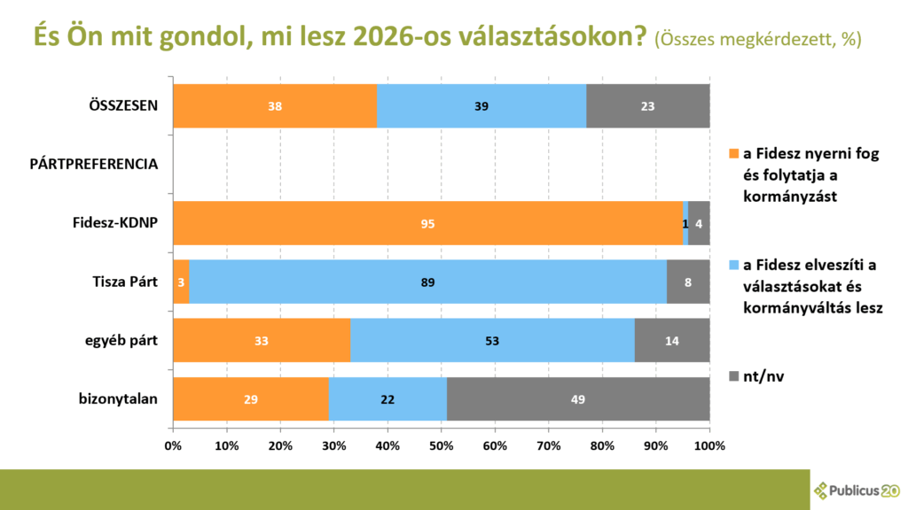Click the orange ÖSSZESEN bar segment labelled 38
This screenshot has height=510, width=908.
point(275,106)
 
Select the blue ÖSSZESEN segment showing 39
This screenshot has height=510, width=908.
point(481,106)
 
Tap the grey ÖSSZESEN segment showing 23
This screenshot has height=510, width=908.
point(647,106)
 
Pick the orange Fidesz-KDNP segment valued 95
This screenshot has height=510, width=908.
point(427,223)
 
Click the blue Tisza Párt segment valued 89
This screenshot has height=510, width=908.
point(428,282)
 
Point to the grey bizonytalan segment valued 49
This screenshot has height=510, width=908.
point(578,399)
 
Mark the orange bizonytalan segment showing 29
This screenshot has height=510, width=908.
point(250,399)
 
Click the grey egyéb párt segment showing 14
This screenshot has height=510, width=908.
point(671,341)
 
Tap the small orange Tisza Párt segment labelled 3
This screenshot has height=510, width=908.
point(181,282)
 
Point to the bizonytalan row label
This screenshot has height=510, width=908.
point(118,399)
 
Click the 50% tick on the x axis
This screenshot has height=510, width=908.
point(442,445)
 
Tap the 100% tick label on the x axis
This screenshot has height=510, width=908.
point(708,445)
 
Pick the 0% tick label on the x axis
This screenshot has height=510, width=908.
point(174,445)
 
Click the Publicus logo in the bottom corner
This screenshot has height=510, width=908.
point(857,490)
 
